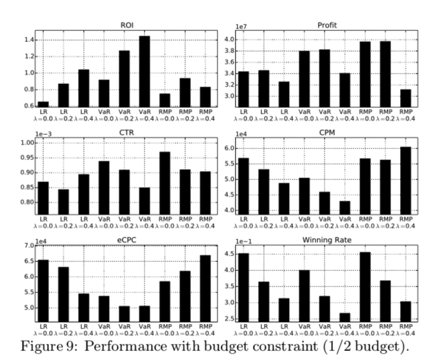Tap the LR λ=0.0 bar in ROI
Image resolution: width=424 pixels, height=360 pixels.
[x=43, y=104]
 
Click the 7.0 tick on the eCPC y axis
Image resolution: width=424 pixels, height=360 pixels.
[x=29, y=246]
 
